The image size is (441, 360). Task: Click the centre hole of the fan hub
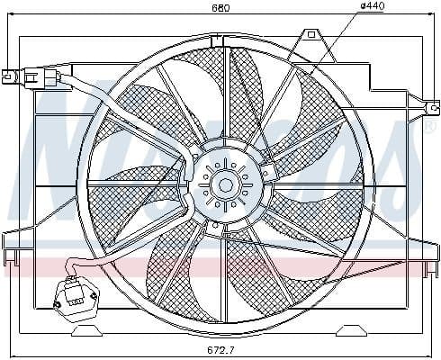click(224, 185)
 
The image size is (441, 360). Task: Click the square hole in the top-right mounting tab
click(311, 34)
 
